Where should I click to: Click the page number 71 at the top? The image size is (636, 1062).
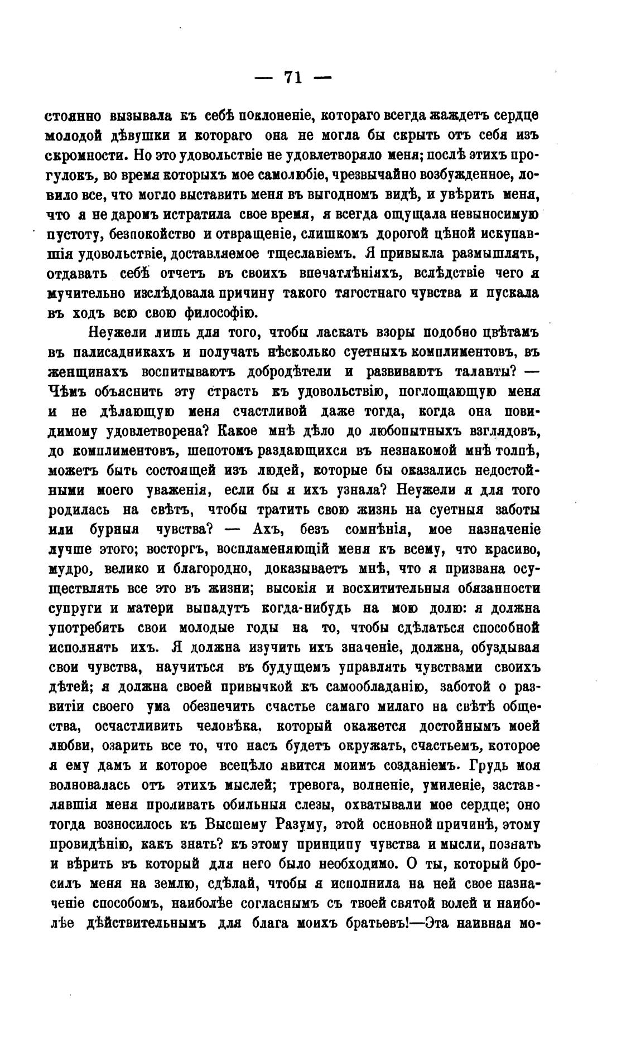(293, 77)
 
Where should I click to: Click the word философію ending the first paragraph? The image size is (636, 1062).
(224, 313)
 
